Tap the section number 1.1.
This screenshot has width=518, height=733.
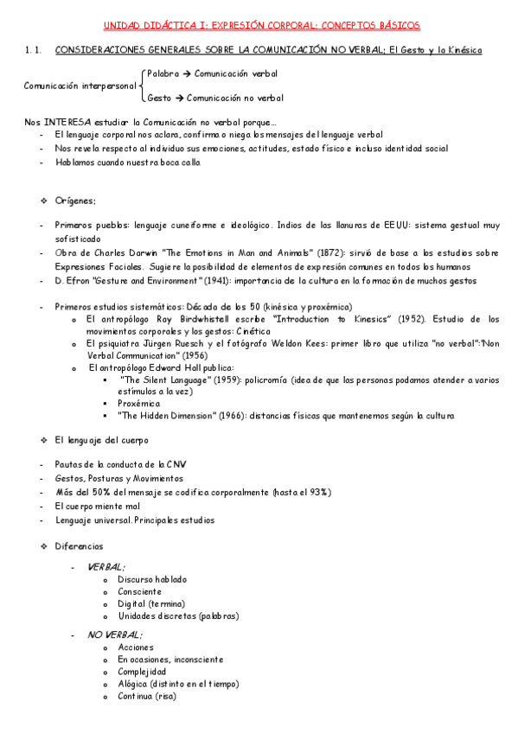pyautogui.click(x=35, y=51)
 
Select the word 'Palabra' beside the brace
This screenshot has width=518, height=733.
pyautogui.click(x=163, y=74)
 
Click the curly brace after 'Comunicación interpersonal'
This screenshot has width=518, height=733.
pyautogui.click(x=141, y=86)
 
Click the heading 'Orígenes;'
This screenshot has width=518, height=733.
pyautogui.click(x=75, y=201)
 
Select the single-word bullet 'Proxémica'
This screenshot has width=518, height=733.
pyautogui.click(x=139, y=403)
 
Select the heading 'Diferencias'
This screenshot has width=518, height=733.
pyautogui.click(x=79, y=546)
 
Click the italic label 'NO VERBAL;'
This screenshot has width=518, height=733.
pyautogui.click(x=115, y=634)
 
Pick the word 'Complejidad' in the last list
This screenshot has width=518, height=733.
pyautogui.click(x=142, y=672)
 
